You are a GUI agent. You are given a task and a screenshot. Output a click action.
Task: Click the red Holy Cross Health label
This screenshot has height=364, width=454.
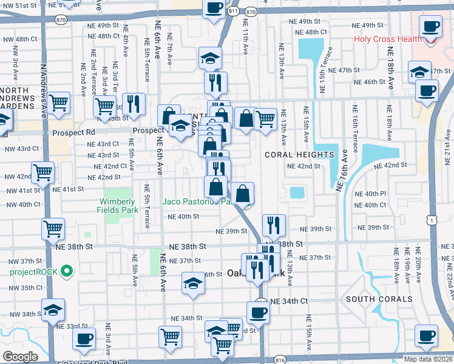coord(388,40)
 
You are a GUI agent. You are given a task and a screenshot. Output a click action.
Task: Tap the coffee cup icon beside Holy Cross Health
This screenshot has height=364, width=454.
coord(431,27)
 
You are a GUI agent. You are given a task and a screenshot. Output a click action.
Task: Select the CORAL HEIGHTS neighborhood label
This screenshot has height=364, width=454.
coord(299,155)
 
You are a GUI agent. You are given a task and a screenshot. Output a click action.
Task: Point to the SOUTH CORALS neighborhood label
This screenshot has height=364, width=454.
coord(370,299)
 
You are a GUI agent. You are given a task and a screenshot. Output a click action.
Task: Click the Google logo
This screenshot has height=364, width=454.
coord(20,357)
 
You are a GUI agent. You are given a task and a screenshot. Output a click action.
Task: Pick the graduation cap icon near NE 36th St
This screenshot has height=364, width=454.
coord(193,283)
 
